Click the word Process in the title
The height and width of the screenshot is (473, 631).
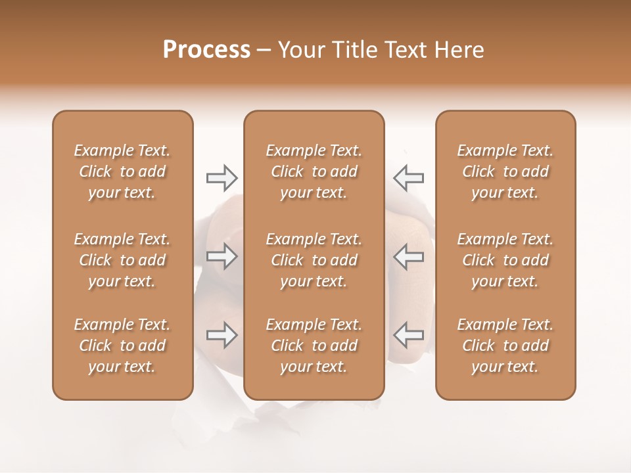point(206,50)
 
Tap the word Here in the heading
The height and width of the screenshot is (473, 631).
point(460,50)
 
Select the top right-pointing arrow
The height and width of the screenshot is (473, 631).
point(222,177)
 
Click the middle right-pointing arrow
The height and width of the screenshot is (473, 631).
point(222,257)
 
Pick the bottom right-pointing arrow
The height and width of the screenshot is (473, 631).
point(222,335)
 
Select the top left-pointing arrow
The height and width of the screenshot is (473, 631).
point(408,177)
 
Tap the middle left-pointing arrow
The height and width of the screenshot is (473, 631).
point(408,257)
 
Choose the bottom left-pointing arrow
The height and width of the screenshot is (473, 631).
point(408,335)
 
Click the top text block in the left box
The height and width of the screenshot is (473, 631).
point(122,171)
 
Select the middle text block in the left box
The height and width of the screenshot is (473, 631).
point(122,260)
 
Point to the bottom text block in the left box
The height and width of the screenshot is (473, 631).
point(122,346)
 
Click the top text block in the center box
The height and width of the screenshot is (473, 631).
point(314,171)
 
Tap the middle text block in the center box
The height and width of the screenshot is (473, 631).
point(314,260)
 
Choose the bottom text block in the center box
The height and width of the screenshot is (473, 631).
point(314,346)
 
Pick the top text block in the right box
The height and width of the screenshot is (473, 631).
point(505,171)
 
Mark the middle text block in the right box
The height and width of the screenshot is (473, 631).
point(505,260)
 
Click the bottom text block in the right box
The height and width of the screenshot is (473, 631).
point(505,346)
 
